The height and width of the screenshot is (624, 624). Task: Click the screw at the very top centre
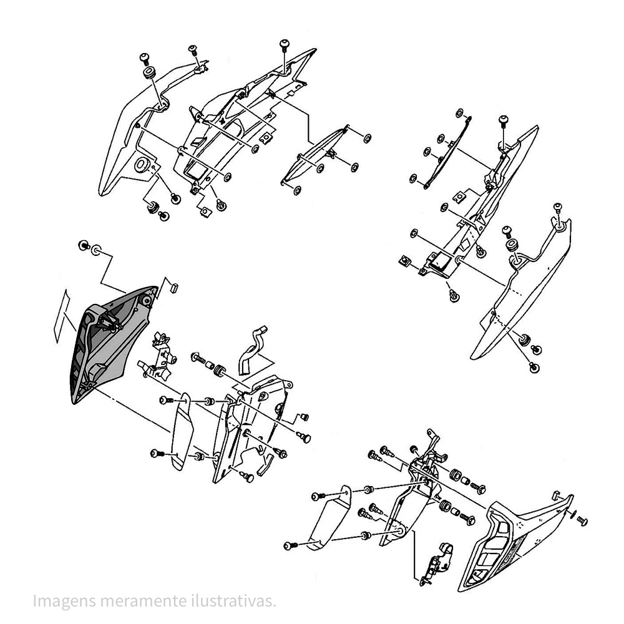[285, 45]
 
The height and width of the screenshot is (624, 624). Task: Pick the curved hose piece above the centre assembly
[252, 350]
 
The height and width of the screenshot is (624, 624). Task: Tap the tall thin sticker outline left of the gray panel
[61, 316]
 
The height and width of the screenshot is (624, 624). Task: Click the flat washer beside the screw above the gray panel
[96, 250]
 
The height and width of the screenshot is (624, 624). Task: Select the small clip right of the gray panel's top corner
[174, 287]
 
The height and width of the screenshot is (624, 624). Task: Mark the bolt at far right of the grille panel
[582, 520]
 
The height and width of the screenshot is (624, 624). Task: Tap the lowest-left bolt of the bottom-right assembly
[291, 545]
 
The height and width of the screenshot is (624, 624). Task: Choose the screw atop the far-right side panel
[557, 208]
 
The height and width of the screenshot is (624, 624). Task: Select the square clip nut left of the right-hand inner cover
[405, 261]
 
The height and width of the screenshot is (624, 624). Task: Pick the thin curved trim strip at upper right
[447, 153]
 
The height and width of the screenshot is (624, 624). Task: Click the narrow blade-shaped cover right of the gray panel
[182, 432]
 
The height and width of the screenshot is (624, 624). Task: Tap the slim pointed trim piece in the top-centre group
[314, 155]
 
